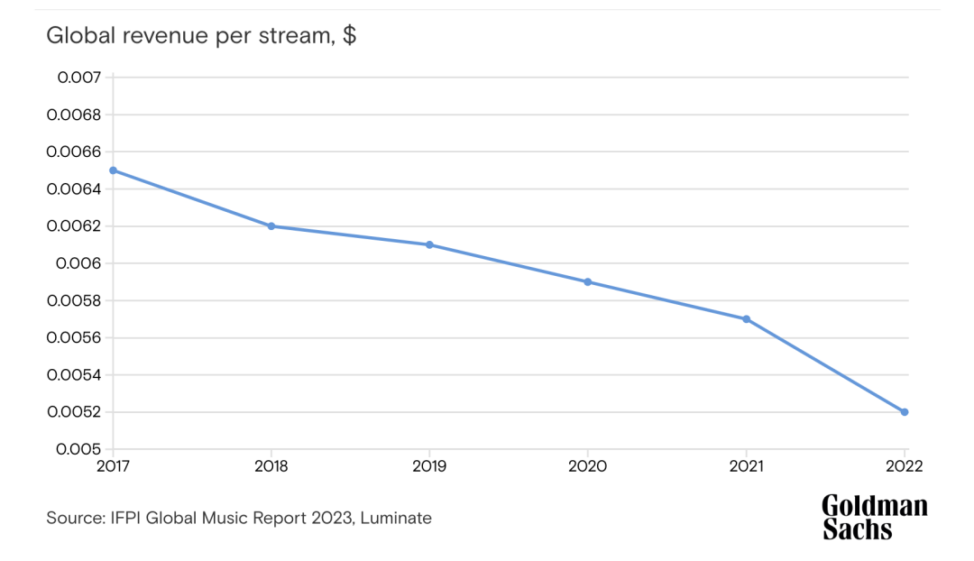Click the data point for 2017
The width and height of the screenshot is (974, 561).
coord(113,170)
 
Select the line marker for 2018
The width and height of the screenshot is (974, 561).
coord(271,226)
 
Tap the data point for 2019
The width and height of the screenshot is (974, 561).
coord(429,244)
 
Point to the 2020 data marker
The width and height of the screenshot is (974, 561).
coord(588,282)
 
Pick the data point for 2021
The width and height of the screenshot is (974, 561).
coord(747,319)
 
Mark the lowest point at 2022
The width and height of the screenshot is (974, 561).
coord(905,412)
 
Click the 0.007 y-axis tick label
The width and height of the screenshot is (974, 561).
coord(79,78)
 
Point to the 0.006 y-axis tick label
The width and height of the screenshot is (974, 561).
coord(79,263)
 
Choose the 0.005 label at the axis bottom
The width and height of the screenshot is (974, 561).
coord(79,449)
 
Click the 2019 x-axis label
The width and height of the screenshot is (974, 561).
coord(429,466)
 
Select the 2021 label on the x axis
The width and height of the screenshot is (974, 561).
coord(747,466)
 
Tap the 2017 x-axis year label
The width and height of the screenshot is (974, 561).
coord(113,466)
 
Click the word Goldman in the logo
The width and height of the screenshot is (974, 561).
coord(874,507)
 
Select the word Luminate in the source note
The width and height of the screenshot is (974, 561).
coord(396,518)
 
